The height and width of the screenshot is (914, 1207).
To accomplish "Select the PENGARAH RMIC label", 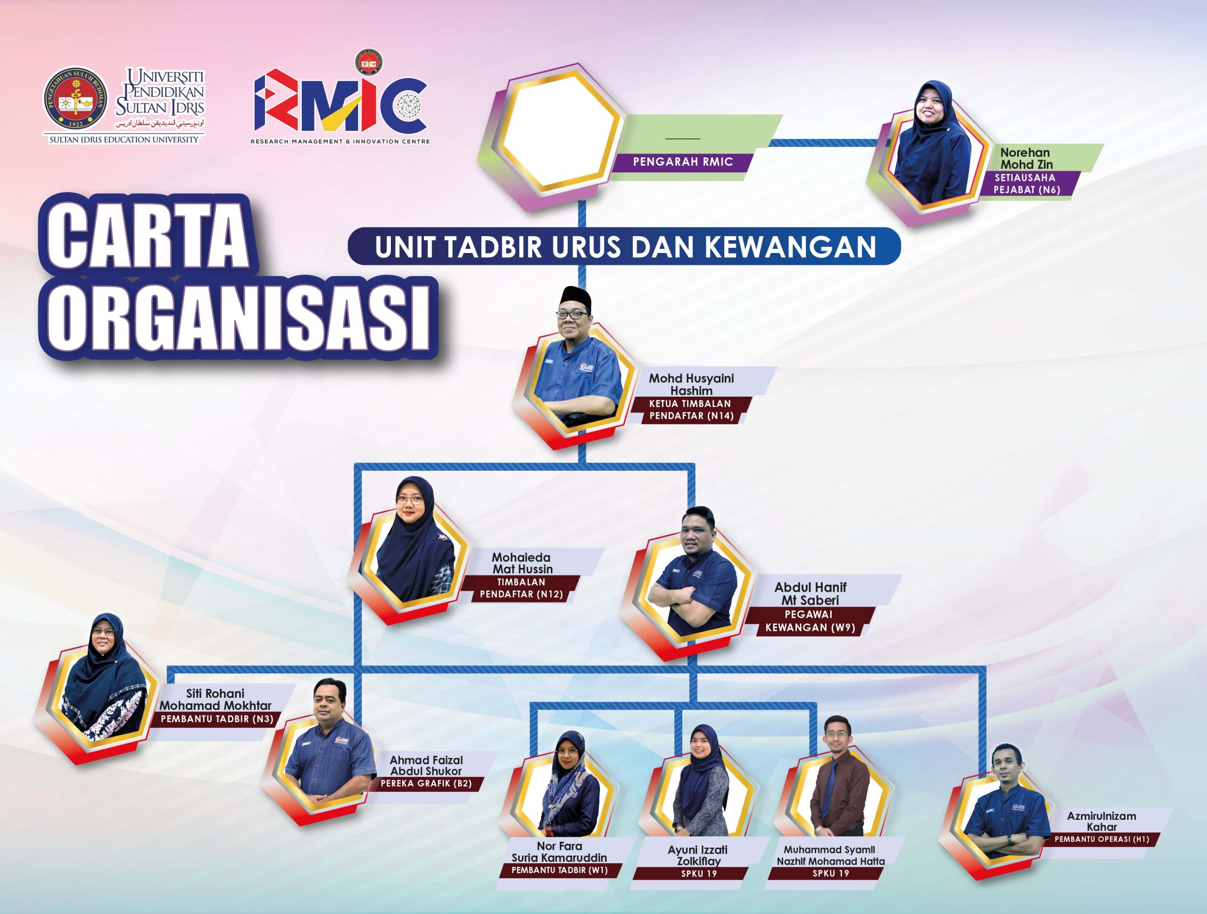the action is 683,162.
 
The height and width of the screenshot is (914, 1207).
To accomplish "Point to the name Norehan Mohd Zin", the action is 1026,158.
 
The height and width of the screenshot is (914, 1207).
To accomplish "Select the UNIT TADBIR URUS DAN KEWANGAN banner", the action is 625,246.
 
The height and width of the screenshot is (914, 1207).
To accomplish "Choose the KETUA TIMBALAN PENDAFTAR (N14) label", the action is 690,409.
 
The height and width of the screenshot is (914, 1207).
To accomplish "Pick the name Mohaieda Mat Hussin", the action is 521,563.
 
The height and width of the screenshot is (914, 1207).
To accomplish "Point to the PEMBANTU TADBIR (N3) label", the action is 216,719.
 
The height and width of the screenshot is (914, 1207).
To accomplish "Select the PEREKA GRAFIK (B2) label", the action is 426,783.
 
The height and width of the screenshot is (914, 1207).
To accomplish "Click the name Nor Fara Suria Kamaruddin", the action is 559,852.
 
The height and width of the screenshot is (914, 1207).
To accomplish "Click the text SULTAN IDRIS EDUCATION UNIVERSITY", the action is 124,139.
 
